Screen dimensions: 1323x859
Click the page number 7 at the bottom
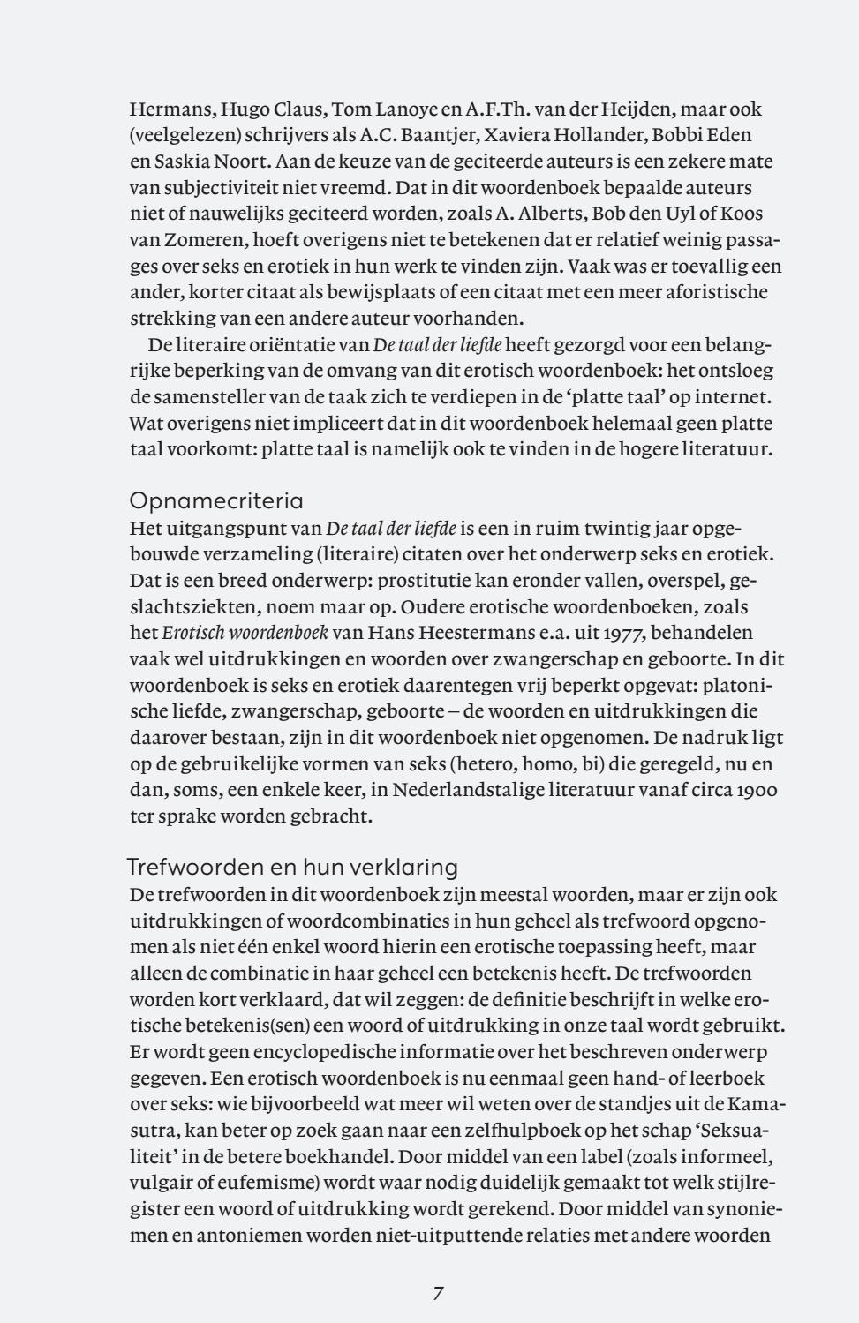click(438, 1294)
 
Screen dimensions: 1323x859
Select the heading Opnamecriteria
click(216, 501)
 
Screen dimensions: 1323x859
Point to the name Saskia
click(180, 162)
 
